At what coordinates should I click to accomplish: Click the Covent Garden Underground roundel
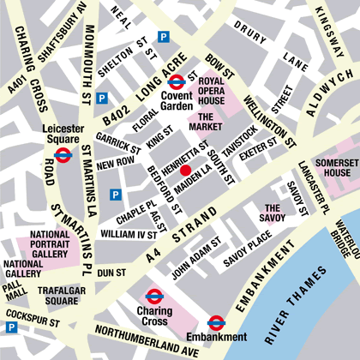pyautogui.click(x=177, y=81)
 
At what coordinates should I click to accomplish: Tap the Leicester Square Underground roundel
pyautogui.click(x=62, y=155)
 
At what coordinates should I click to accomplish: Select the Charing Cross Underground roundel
pyautogui.click(x=153, y=297)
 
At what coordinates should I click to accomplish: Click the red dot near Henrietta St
pyautogui.click(x=185, y=170)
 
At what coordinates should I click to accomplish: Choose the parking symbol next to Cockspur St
pyautogui.click(x=12, y=327)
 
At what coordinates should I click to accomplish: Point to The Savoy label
pyautogui.click(x=273, y=213)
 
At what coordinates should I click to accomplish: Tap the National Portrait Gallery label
pyautogui.click(x=50, y=244)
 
